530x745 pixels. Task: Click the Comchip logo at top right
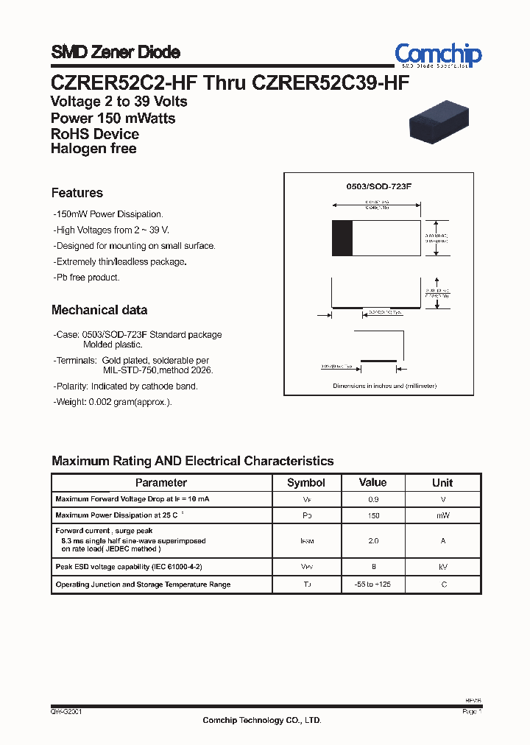[438, 55]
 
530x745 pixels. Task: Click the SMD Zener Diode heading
[115, 52]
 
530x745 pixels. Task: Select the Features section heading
[77, 193]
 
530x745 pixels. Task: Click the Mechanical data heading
[99, 310]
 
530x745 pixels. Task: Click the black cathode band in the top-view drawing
[342, 238]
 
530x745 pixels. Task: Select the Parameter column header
[161, 483]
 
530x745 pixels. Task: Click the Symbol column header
[305, 483]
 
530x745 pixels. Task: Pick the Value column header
[372, 483]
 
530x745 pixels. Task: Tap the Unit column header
[442, 483]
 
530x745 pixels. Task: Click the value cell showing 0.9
[372, 500]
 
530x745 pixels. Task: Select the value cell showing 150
[372, 517]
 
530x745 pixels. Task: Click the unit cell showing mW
[442, 517]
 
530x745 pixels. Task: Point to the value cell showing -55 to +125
[372, 585]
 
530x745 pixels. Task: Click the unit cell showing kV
[442, 567]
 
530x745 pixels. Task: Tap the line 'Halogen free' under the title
[93, 149]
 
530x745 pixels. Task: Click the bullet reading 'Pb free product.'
[87, 278]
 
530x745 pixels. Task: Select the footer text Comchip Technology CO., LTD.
[262, 721]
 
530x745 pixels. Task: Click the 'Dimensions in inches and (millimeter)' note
[384, 386]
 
